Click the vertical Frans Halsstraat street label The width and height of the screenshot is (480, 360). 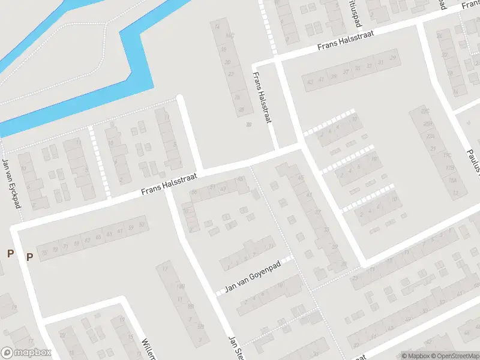262,98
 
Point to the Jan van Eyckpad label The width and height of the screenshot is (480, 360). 11,184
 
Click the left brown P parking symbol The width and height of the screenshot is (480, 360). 10,254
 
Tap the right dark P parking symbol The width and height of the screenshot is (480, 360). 29,257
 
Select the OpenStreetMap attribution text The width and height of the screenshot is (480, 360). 456,356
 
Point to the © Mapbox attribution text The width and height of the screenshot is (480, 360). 416,356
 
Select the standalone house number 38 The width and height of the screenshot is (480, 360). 248,125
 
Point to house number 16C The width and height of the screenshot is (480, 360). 228,35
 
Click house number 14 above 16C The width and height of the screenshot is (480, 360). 216,26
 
